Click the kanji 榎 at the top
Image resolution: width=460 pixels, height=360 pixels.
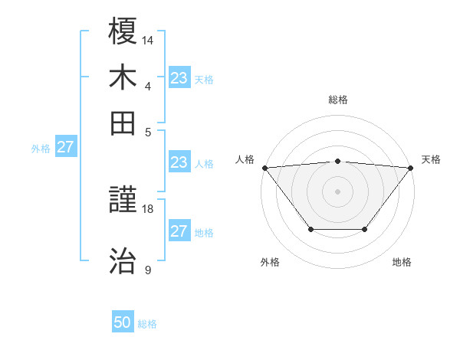[x=123, y=32]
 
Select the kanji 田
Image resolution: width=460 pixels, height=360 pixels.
[x=123, y=123]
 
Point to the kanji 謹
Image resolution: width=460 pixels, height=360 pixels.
[x=123, y=202]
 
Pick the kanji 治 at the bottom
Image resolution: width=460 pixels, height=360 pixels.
[x=123, y=261]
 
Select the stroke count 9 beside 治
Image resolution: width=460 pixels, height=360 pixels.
[x=148, y=270]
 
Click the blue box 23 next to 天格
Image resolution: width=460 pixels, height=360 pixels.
[x=179, y=78]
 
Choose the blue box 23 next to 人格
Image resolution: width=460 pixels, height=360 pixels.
[x=179, y=162]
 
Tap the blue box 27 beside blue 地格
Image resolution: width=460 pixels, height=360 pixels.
[x=179, y=231]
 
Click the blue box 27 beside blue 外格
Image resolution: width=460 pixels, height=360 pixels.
[x=65, y=147]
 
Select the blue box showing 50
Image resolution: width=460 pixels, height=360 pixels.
[x=123, y=322]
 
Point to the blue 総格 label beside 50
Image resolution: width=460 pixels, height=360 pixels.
[x=147, y=324]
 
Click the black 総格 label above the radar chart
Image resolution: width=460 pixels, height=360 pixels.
[x=337, y=100]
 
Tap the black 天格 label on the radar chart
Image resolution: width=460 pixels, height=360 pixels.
[x=431, y=159]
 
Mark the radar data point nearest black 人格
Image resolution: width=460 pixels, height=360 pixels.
[x=264, y=167]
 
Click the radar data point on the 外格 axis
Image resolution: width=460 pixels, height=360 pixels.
[x=310, y=229]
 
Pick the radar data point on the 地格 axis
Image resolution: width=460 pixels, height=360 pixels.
[x=365, y=229]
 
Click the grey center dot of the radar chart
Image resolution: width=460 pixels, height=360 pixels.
[x=337, y=191]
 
